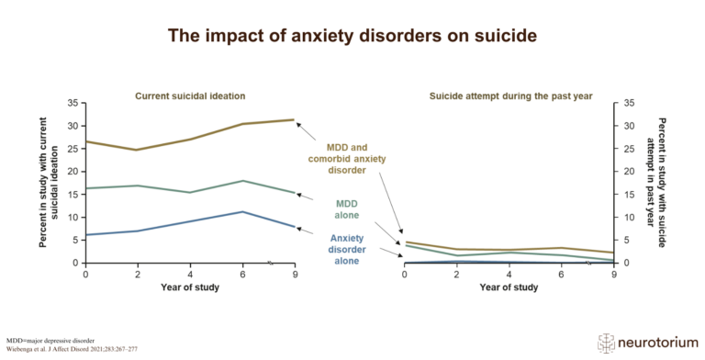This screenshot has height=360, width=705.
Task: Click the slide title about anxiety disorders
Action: (352, 36)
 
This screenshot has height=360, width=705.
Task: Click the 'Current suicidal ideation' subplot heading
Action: (190, 96)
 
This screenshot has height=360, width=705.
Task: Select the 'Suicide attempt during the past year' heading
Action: (509, 96)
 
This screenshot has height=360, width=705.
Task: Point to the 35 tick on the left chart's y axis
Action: (73, 103)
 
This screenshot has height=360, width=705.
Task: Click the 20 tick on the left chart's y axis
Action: (73, 172)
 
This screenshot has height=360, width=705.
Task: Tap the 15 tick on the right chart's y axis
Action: (630, 195)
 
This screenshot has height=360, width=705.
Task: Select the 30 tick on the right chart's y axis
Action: (630, 126)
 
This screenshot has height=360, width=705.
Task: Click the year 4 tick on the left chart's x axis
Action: (189, 274)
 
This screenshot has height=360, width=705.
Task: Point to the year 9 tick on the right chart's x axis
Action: (613, 274)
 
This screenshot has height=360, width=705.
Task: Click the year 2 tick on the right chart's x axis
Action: (457, 274)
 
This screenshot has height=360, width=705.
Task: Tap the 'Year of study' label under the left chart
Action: (190, 287)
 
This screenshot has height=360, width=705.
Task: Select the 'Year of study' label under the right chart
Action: (509, 287)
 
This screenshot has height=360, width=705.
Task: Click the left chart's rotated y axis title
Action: (48, 183)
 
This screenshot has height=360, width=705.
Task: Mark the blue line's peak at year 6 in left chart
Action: (241, 212)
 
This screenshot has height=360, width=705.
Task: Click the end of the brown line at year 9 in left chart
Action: (293, 119)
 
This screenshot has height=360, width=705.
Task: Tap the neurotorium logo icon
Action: (607, 341)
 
